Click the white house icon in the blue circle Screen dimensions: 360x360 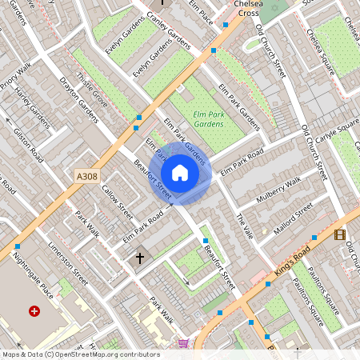tap(180, 173)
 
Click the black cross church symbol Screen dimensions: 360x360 tap(140, 258)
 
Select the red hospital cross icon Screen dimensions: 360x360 tap(34, 310)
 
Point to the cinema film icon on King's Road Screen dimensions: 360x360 tap(340, 234)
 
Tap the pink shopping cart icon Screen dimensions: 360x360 tap(183, 343)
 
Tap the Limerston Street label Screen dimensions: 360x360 tap(68, 262)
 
